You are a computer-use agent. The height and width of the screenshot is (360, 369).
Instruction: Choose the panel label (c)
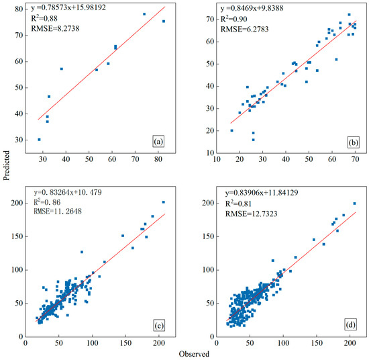(159, 327)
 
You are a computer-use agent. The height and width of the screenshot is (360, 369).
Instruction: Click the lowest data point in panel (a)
(39, 140)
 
